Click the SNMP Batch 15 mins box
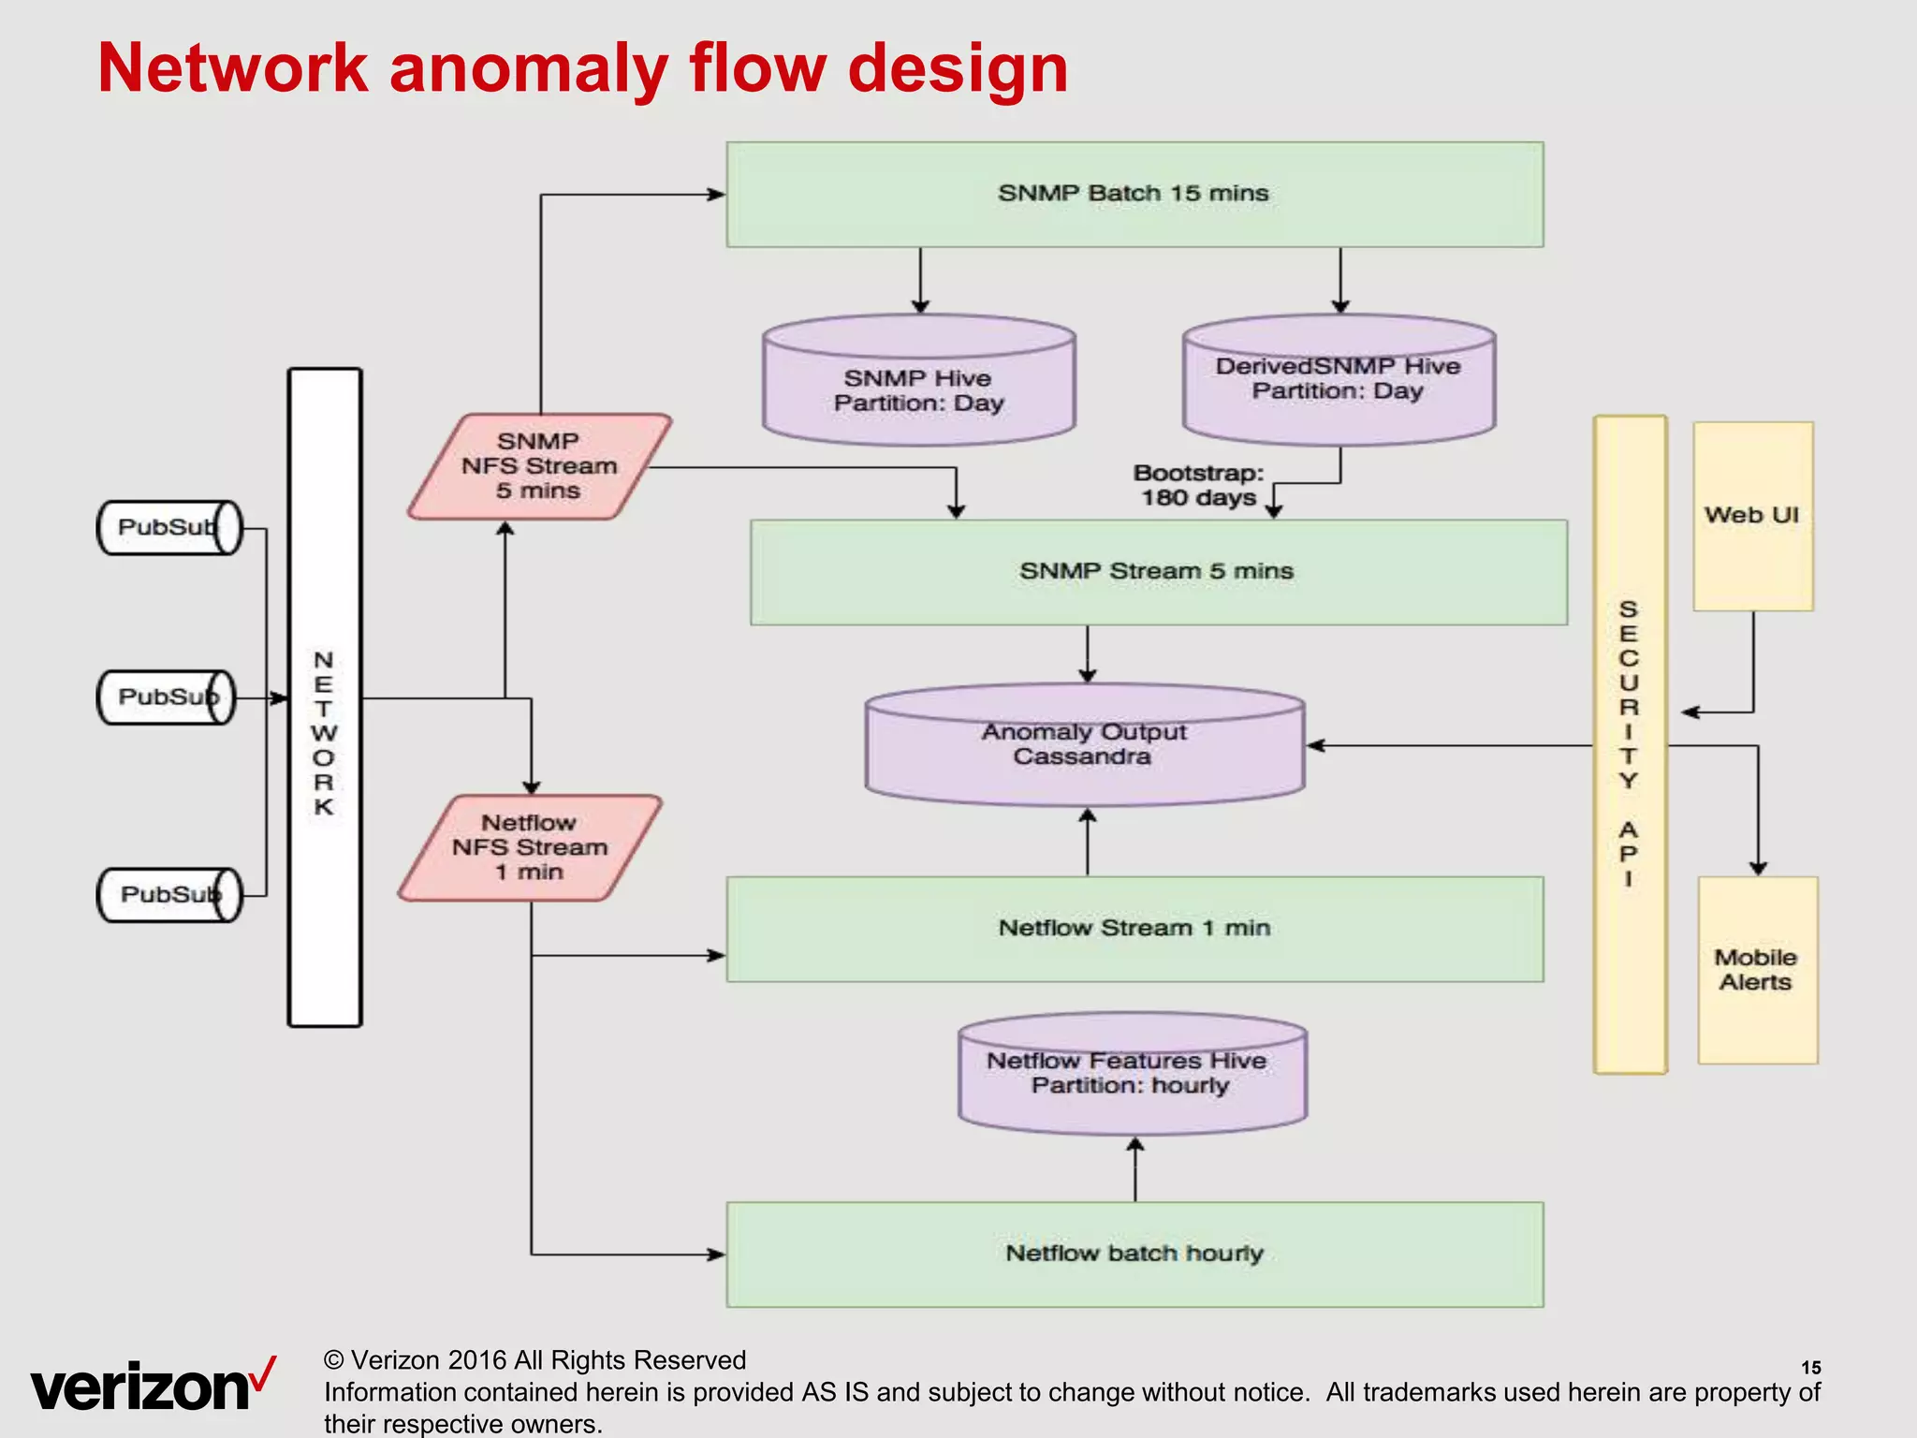point(1134,195)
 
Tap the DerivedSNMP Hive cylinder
point(1339,379)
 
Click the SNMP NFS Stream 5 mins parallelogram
point(539,466)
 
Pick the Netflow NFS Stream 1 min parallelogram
point(530,848)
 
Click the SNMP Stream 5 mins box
point(1158,572)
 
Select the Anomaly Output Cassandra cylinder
point(1084,745)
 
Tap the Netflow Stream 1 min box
point(1134,929)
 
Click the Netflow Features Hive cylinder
point(1132,1074)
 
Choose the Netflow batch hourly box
point(1134,1255)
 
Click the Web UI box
point(1752,516)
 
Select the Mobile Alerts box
point(1757,970)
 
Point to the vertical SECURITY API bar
point(1630,744)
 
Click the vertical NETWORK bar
point(324,697)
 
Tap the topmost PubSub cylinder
point(169,528)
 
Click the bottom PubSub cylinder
point(169,895)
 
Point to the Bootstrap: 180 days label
point(1198,485)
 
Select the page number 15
point(1810,1368)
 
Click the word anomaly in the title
point(528,69)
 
